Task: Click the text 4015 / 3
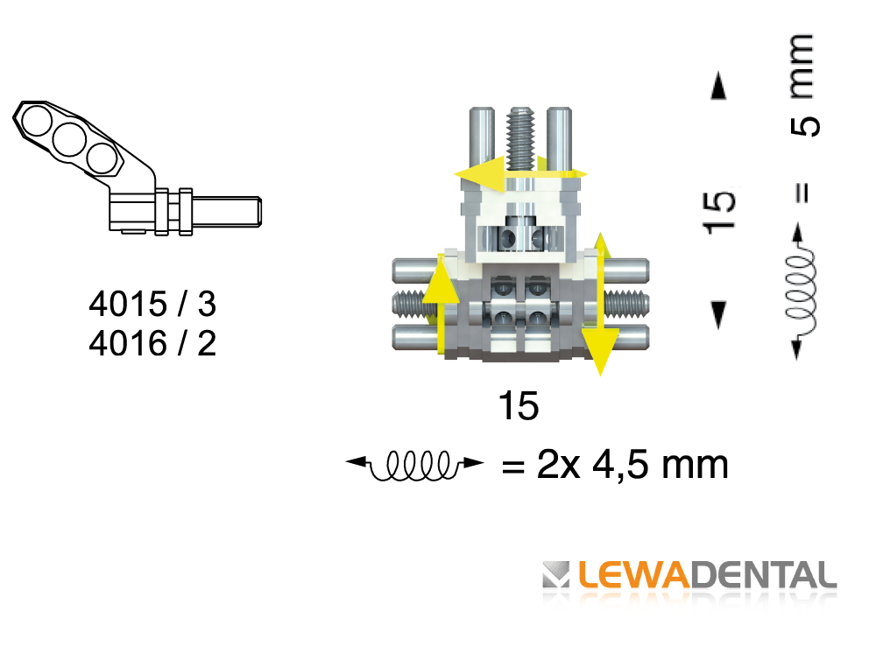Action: pyautogui.click(x=152, y=304)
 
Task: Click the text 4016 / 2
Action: pyautogui.click(x=152, y=342)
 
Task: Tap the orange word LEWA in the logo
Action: pyautogui.click(x=634, y=575)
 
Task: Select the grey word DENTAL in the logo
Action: pyautogui.click(x=764, y=575)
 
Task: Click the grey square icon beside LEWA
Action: pyautogui.click(x=556, y=575)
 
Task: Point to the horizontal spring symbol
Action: pyautogui.click(x=414, y=465)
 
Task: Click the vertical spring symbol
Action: pyautogui.click(x=801, y=291)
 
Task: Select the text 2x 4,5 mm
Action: pyautogui.click(x=632, y=464)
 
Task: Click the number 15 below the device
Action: pyautogui.click(x=519, y=406)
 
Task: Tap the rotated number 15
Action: pyautogui.click(x=719, y=212)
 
